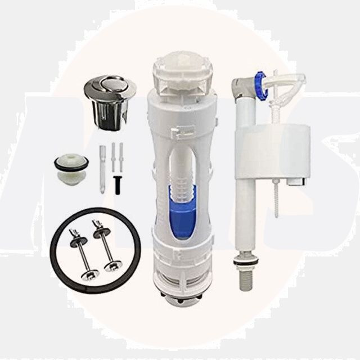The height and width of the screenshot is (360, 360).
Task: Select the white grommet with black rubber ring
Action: [x=71, y=169]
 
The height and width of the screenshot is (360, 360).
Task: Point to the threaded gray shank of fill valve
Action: [x=245, y=279]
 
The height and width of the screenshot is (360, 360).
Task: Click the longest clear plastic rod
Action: [x=102, y=169]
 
